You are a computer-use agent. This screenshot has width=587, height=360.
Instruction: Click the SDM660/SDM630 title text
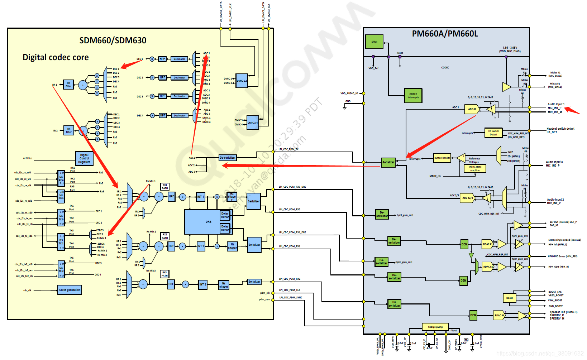113,40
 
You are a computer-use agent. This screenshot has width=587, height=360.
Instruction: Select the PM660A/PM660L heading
445,34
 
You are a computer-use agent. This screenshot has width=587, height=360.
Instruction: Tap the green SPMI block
374,42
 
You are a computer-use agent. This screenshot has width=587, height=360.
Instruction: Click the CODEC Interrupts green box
413,96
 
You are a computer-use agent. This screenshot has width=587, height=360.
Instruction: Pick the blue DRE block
208,222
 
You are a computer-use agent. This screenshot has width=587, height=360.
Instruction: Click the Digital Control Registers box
84,158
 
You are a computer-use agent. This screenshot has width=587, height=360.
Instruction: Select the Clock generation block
70,290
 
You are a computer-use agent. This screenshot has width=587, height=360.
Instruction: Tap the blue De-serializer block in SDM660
228,158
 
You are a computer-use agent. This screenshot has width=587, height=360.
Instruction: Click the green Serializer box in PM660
388,162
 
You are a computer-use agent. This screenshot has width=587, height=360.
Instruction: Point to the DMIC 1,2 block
242,81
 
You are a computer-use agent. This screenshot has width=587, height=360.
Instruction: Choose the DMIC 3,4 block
253,123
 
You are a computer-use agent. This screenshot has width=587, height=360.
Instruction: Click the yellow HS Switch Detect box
493,133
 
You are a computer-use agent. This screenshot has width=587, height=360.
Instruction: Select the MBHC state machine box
475,168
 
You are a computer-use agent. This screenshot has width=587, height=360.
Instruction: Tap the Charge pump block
435,327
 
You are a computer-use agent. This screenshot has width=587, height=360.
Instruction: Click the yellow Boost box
509,298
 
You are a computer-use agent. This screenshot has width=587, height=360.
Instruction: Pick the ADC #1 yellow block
472,109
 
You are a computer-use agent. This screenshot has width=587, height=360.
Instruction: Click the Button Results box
442,158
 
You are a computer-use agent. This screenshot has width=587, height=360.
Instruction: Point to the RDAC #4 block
499,315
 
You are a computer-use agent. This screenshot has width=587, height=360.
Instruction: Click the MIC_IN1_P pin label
554,108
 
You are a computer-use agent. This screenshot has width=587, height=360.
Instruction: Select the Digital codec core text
56,57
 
